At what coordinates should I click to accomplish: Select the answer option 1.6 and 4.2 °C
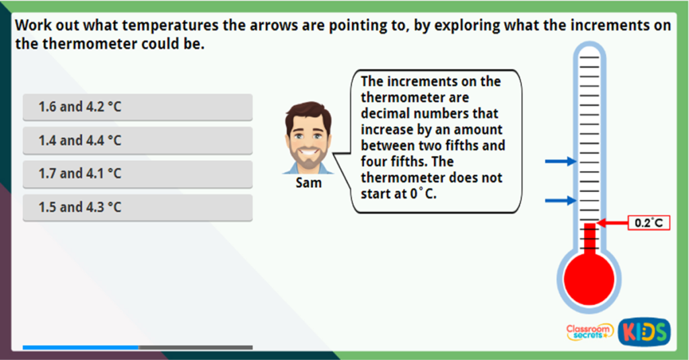coord(137,107)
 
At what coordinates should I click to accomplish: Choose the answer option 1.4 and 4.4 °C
coord(137,141)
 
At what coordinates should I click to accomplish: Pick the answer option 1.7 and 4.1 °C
coord(137,174)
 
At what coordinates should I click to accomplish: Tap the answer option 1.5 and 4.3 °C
coord(137,207)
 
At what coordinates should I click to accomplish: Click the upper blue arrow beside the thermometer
coord(560,161)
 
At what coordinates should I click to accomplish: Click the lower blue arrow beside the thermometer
coord(560,201)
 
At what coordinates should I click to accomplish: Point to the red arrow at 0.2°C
coord(612,223)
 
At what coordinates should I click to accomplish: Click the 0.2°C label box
coord(649,223)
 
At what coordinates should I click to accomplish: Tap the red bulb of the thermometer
coord(589,279)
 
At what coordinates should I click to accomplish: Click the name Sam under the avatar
coord(308,183)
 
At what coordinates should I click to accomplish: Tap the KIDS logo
coord(644,332)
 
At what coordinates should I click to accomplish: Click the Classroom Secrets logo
coord(589,332)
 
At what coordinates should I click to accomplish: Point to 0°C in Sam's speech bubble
coord(423,194)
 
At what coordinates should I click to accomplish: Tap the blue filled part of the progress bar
coord(81,347)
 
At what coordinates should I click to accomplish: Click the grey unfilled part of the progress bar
coord(196,347)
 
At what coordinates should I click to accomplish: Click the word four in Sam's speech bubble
coord(376,161)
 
